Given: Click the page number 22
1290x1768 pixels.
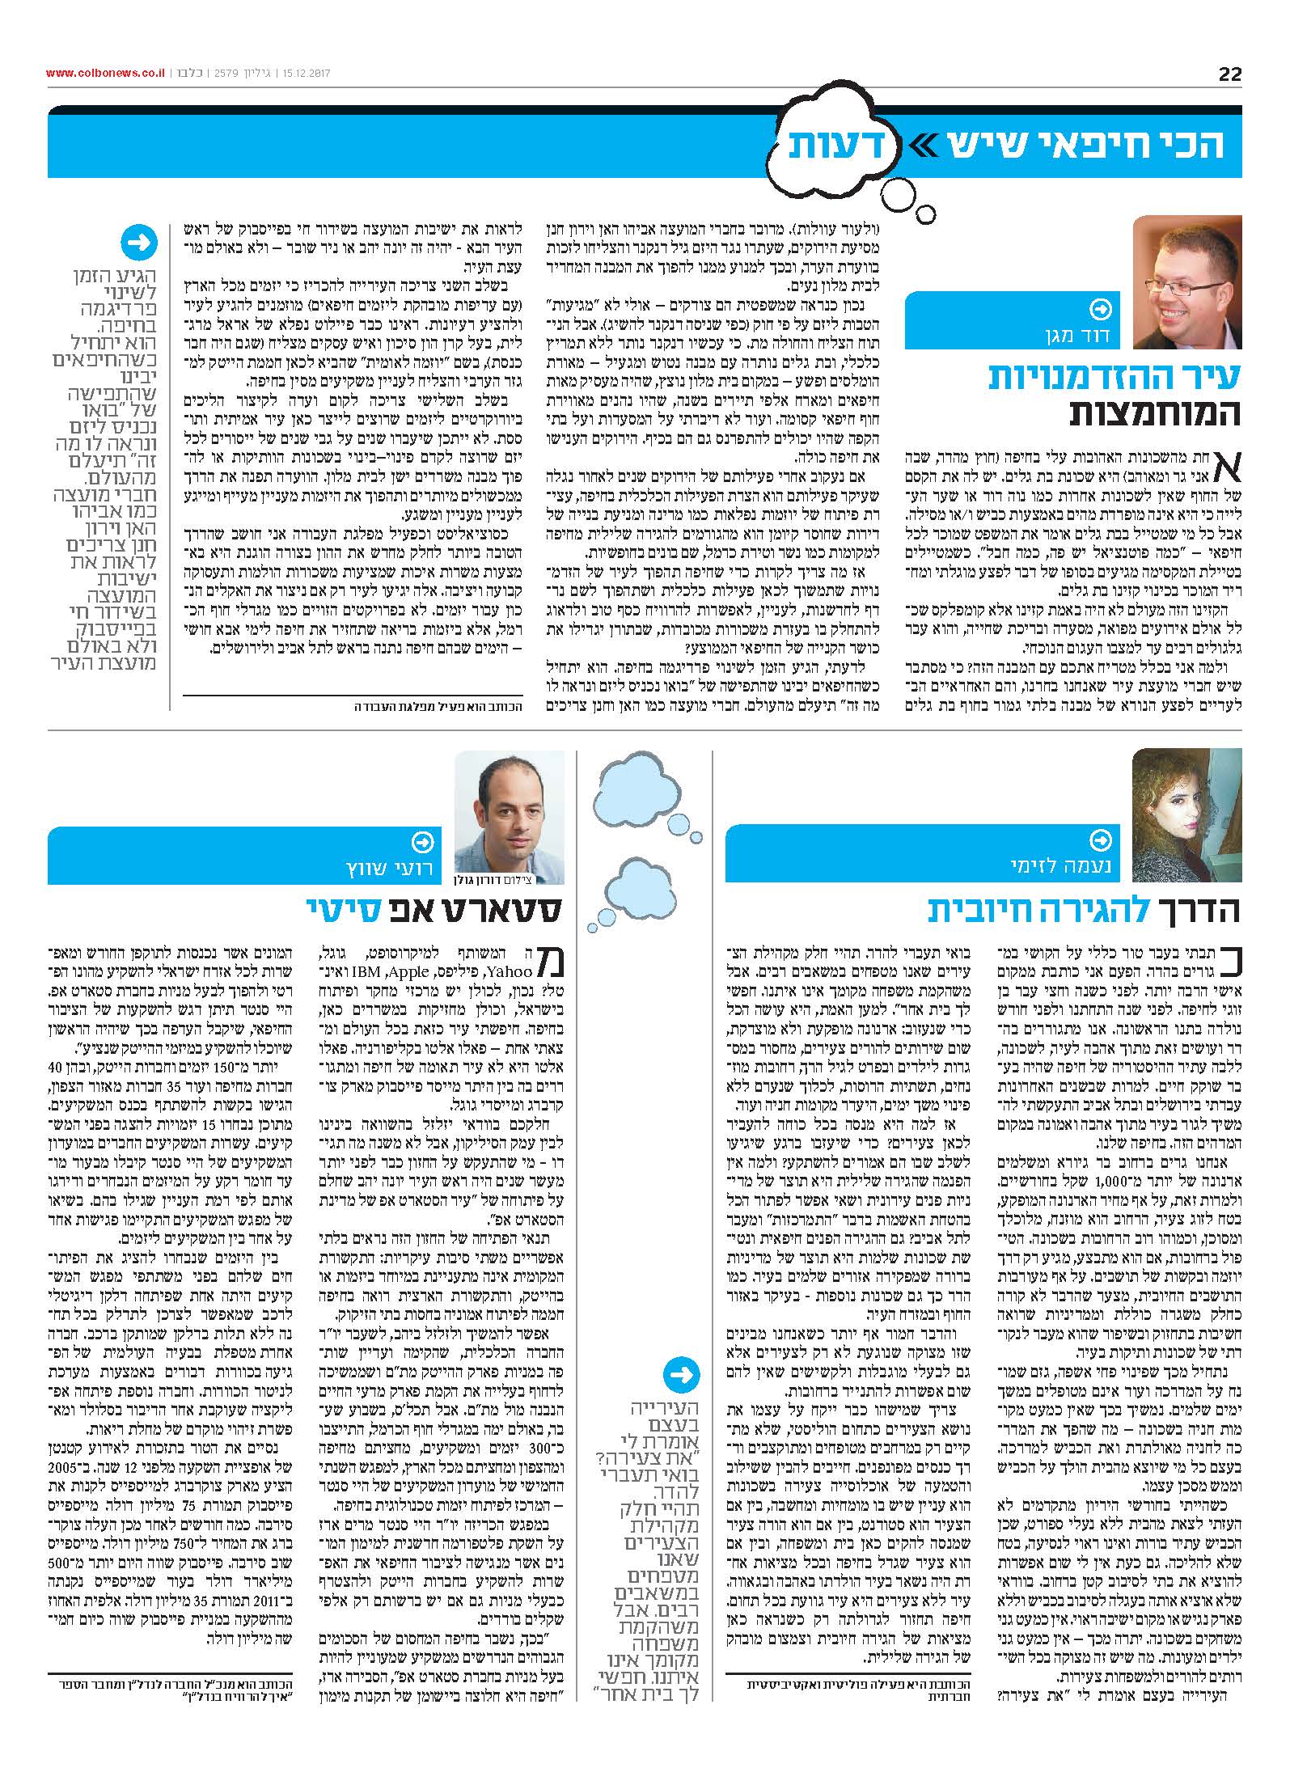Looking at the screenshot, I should coord(1229,74).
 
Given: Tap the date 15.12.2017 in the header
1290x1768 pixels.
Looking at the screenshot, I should coord(300,74).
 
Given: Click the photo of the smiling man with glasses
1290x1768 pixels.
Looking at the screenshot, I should coord(1186,281).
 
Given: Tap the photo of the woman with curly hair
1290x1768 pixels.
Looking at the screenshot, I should coord(1186,814).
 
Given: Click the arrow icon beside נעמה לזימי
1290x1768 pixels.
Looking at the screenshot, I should coord(1101,841).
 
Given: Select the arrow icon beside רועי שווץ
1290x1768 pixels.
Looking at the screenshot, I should coord(423,843).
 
